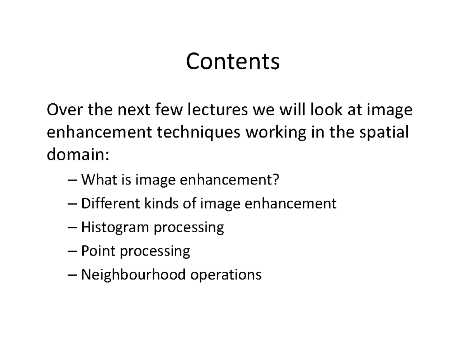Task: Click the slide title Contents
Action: pos(233,62)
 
